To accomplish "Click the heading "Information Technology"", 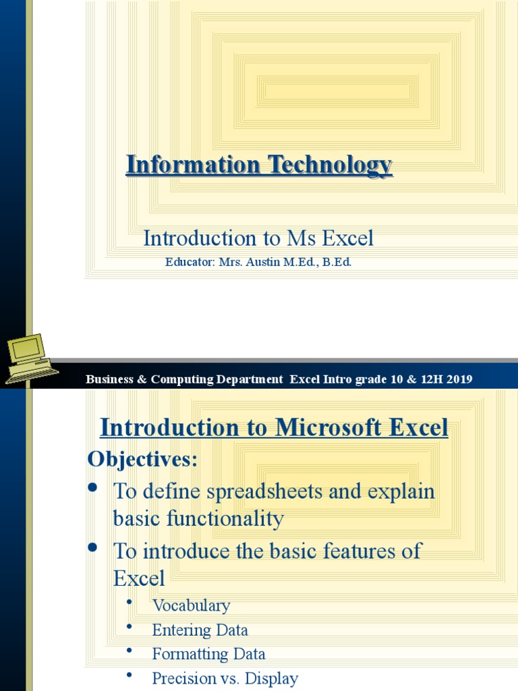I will click(259, 165).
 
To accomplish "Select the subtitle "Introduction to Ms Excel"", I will click(258, 238).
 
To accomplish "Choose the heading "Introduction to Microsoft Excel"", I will click(274, 427).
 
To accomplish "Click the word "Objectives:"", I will click(142, 460).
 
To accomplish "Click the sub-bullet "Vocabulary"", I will click(191, 605).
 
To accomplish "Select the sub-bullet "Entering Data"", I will click(200, 630).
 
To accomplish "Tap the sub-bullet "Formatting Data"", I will click(208, 654).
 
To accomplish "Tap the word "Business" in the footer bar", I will click(110, 379).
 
